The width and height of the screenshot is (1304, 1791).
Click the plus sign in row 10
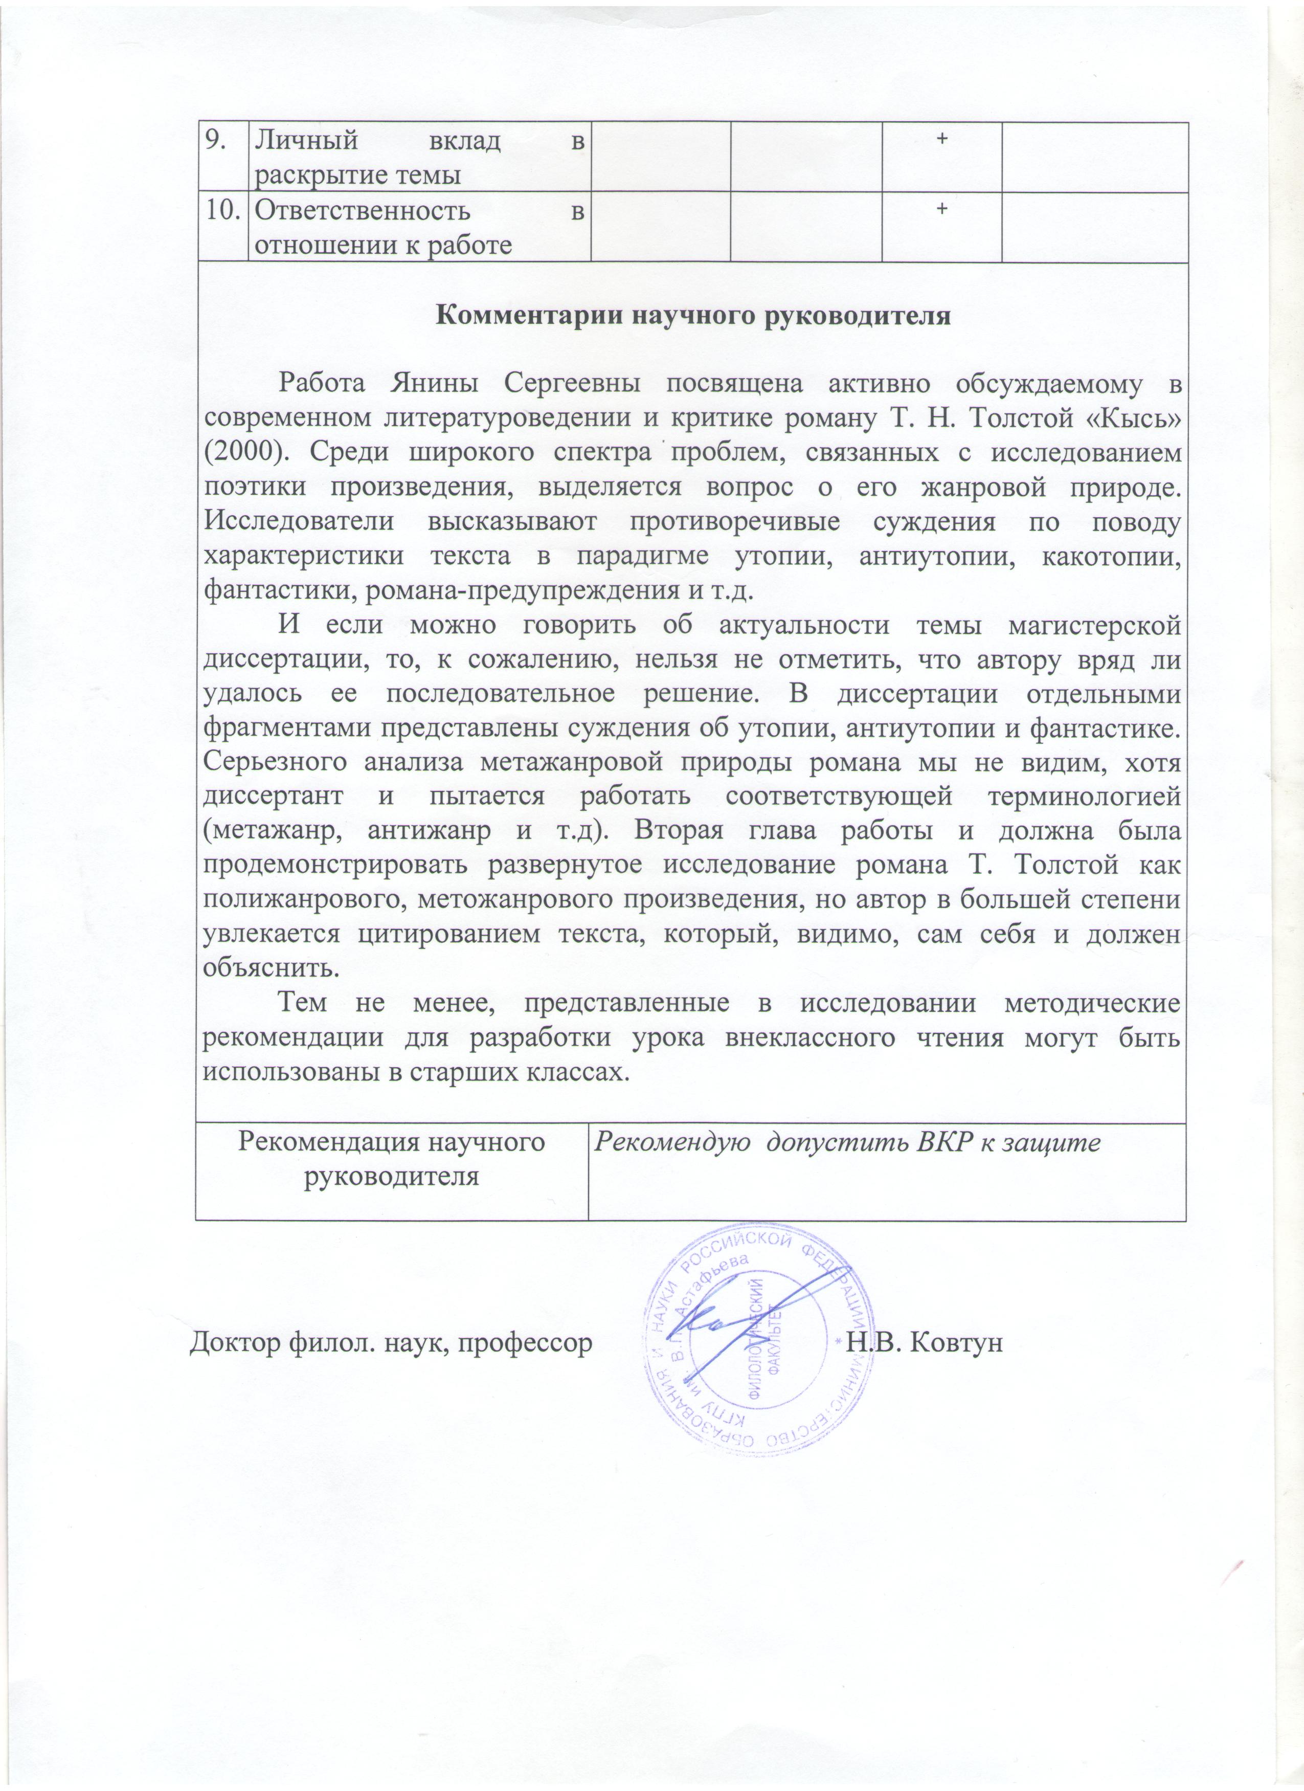point(941,209)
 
